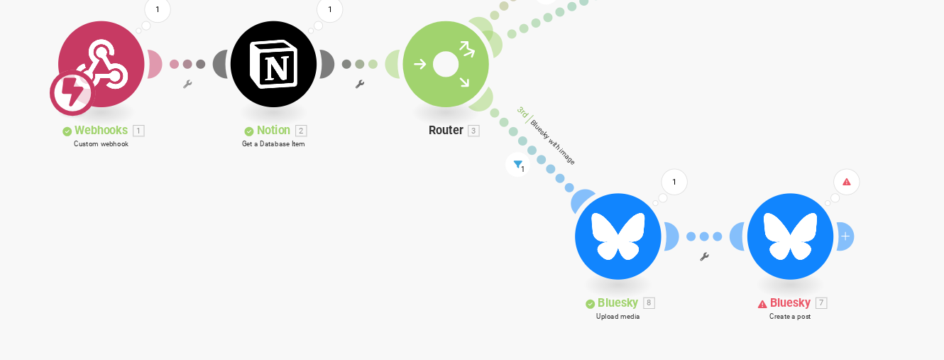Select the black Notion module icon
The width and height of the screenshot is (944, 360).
(x=273, y=64)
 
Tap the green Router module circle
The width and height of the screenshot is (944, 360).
(x=446, y=64)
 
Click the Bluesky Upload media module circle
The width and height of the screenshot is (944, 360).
(x=618, y=236)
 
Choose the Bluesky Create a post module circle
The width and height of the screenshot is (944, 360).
(x=790, y=236)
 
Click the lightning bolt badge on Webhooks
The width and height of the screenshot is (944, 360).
(x=72, y=93)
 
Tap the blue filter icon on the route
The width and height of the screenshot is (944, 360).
(x=518, y=165)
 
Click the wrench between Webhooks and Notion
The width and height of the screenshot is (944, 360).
(x=187, y=84)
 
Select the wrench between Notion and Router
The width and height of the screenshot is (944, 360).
(x=359, y=84)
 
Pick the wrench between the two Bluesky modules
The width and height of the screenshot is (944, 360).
(x=704, y=257)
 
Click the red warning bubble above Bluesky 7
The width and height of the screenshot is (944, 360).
(x=847, y=182)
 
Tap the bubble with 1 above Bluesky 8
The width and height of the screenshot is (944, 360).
(x=674, y=182)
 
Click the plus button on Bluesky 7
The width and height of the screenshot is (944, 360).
(x=845, y=236)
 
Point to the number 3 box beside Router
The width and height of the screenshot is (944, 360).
(x=473, y=131)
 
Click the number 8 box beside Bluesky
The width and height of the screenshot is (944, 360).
(x=649, y=303)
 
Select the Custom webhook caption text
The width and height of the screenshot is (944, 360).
(x=101, y=143)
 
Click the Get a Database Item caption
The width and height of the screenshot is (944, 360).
(x=273, y=143)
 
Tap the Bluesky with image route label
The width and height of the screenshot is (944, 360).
(x=552, y=142)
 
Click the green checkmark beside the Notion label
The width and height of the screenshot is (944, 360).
(x=249, y=131)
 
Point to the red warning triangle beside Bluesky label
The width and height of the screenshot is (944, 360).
(x=762, y=304)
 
